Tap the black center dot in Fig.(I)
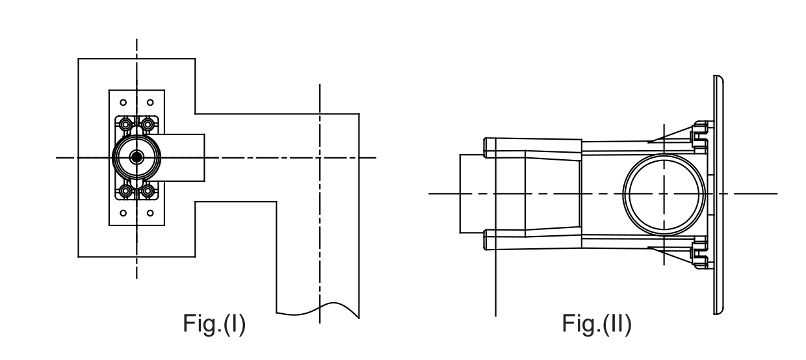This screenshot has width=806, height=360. coord(136,157)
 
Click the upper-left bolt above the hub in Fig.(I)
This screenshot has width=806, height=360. coord(125,123)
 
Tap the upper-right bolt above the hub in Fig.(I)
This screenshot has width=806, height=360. coord(148,123)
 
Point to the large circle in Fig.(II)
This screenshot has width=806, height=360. coord(664,194)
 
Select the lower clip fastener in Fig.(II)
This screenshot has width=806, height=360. coord(699,254)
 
